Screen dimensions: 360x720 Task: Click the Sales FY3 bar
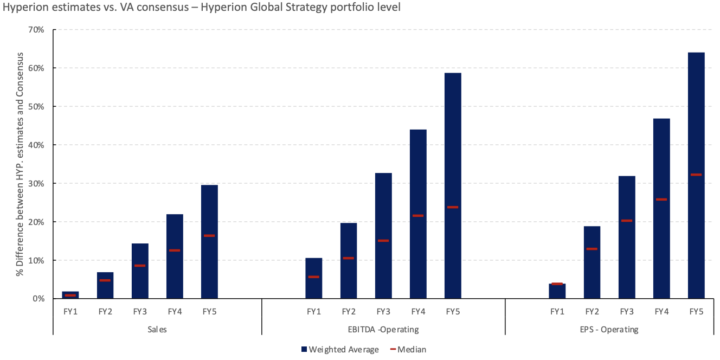(x=140, y=271)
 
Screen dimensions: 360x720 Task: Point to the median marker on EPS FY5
(x=696, y=175)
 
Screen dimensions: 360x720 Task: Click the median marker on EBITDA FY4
(x=418, y=216)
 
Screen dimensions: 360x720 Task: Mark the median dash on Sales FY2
(x=105, y=280)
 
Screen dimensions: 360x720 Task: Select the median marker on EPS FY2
(x=592, y=249)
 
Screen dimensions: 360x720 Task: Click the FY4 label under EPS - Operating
(x=661, y=312)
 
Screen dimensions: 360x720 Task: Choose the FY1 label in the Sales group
(x=70, y=312)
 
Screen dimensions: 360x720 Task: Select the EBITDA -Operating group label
(x=383, y=329)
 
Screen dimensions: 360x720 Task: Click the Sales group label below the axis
(x=157, y=329)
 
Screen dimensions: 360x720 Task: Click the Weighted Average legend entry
(x=340, y=350)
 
